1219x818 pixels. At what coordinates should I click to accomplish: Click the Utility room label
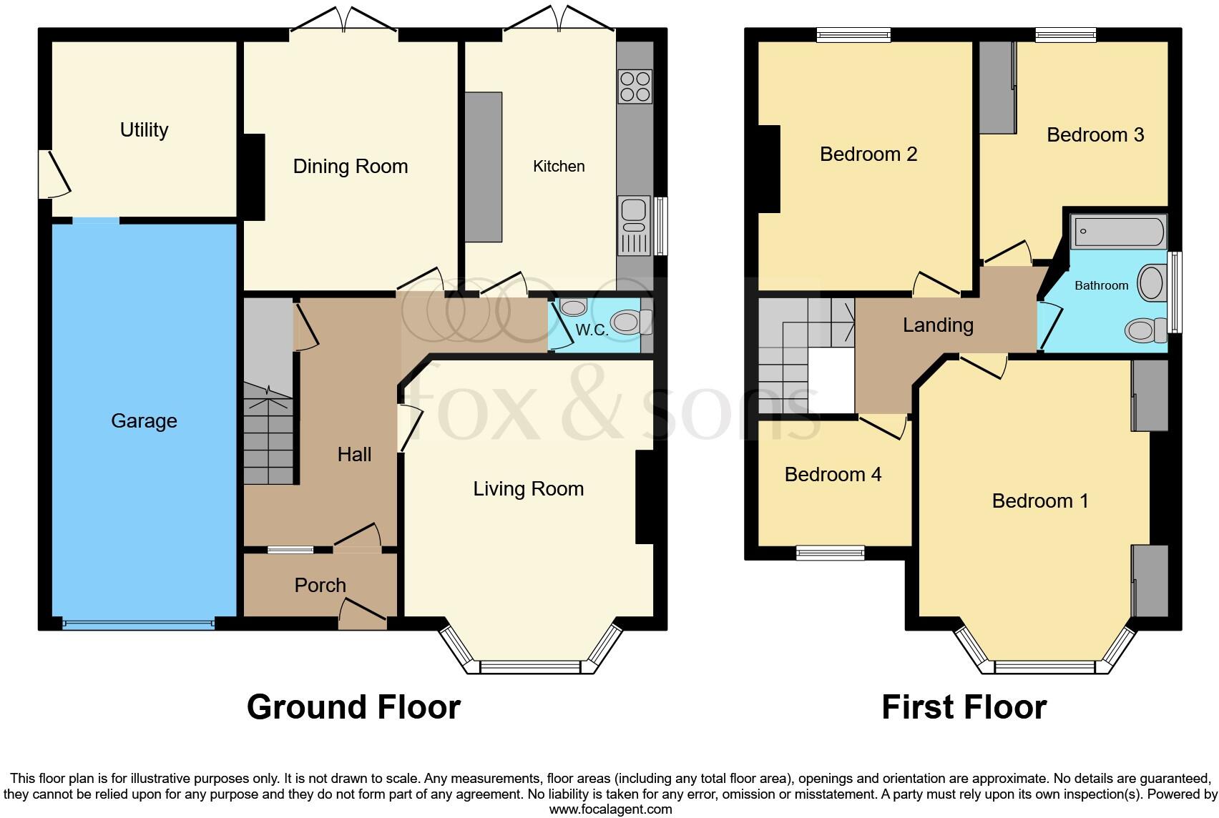click(144, 130)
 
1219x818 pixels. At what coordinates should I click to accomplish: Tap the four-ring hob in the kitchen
click(635, 87)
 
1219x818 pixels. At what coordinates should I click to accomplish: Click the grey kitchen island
click(484, 167)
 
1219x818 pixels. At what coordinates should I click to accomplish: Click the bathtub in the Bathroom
click(1118, 232)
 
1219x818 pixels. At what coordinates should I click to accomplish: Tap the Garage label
click(144, 420)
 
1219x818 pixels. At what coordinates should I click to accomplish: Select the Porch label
click(320, 586)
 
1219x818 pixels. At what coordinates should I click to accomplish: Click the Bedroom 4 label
click(833, 475)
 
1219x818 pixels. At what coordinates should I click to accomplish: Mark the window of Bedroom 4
click(830, 552)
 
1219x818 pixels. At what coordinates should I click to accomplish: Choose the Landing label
click(938, 325)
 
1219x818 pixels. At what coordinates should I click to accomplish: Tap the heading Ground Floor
click(353, 707)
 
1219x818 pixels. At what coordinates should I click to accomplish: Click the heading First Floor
click(964, 707)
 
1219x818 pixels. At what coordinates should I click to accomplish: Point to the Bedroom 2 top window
click(853, 34)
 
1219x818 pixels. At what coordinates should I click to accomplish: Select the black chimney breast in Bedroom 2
click(768, 169)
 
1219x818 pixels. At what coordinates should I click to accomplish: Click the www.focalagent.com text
click(610, 809)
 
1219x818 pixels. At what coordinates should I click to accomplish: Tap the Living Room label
click(528, 489)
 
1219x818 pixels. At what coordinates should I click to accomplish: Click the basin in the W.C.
click(572, 308)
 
